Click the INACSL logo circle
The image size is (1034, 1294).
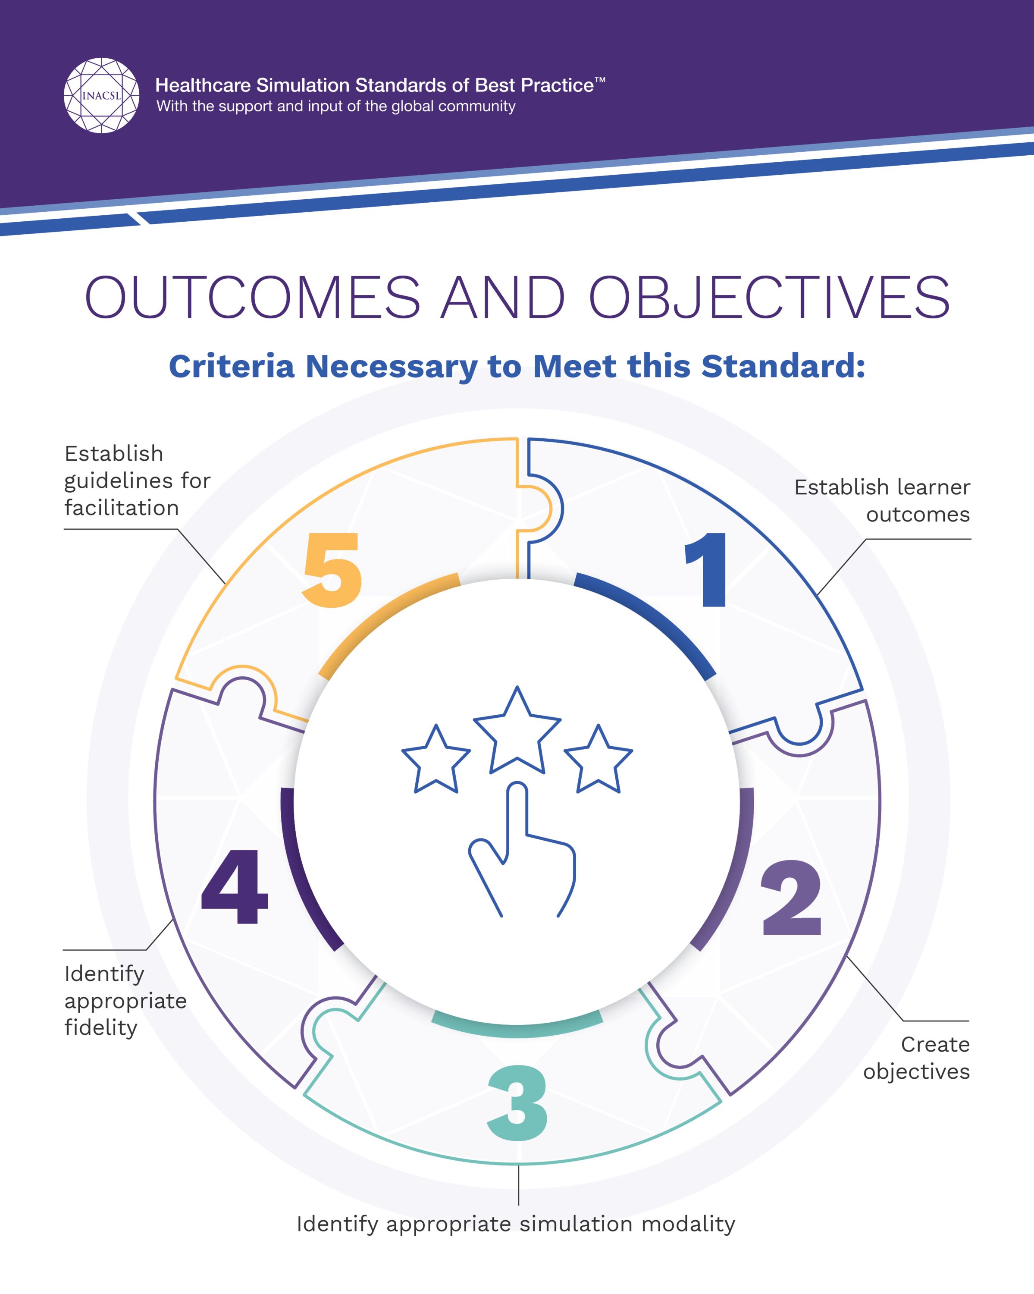[101, 95]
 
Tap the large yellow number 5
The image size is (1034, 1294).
[332, 570]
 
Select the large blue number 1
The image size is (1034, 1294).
[708, 570]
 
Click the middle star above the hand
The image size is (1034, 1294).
[517, 730]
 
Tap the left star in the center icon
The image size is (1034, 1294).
[436, 759]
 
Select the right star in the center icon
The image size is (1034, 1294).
[598, 759]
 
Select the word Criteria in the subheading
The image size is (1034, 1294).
[232, 366]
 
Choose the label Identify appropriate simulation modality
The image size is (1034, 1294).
[516, 1224]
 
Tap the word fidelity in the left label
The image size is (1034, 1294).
[101, 1027]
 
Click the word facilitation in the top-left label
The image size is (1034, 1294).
[122, 508]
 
